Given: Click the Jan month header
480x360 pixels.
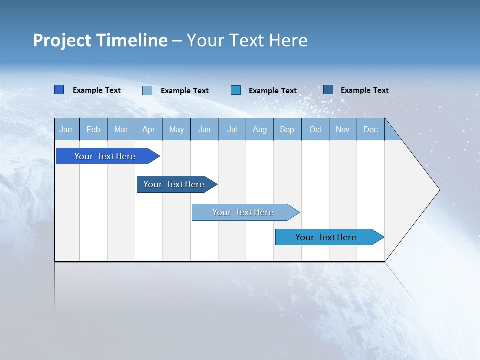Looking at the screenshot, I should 66,129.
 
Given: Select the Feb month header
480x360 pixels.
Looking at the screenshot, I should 93,129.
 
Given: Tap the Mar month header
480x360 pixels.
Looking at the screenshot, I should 121,129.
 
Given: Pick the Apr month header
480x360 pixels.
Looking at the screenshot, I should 149,129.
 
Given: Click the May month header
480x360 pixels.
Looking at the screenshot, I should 176,129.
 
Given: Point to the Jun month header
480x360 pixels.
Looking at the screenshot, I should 204,129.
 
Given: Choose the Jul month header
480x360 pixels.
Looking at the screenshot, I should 232,129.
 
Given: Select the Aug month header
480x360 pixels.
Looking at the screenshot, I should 260,129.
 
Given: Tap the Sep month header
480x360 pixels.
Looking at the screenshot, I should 287,129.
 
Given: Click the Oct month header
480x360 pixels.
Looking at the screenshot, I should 315,129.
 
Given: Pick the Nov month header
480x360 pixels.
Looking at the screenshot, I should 343,129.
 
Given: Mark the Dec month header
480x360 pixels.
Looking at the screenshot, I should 371,129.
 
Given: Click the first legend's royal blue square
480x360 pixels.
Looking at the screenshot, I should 59,90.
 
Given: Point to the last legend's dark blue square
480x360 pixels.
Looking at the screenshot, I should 328,90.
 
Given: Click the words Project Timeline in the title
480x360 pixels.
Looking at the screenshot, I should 100,40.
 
